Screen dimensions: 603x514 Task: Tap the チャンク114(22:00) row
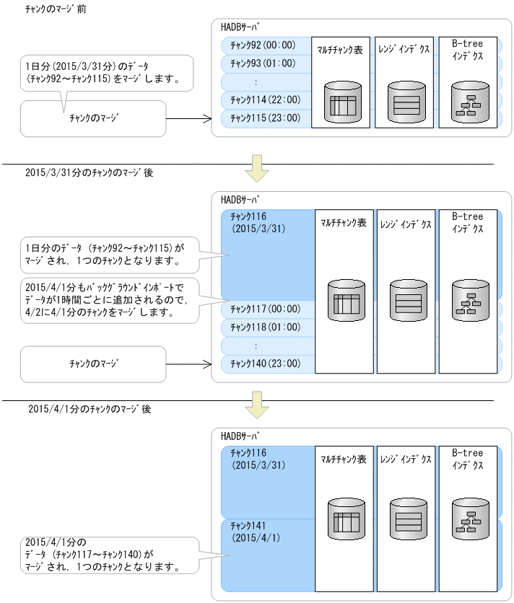[x=265, y=100]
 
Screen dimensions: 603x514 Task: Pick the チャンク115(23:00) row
[x=265, y=118]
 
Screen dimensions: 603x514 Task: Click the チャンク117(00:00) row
[x=265, y=310]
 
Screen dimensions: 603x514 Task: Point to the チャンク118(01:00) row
[x=265, y=327]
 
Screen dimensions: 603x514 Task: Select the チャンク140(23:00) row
[x=265, y=364]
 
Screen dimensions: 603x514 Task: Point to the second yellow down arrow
[x=256, y=403]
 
